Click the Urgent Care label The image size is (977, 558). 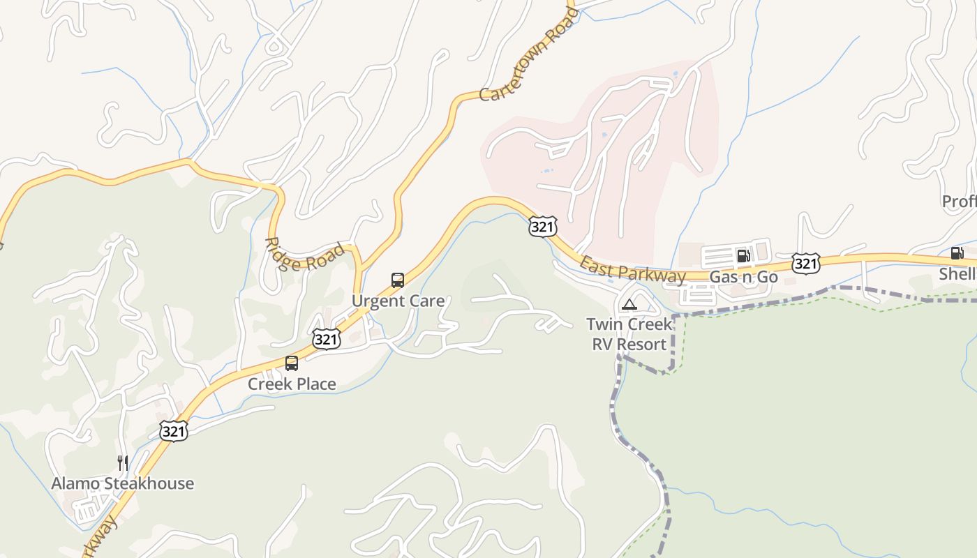[398, 301]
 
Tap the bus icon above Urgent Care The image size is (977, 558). [398, 280]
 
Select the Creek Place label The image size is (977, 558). [292, 384]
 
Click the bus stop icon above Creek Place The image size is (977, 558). [292, 363]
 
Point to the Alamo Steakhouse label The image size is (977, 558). [123, 483]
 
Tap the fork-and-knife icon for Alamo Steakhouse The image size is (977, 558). [123, 462]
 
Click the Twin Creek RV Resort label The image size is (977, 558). [629, 334]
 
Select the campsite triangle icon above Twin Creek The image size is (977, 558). [629, 304]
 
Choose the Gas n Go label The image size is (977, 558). [743, 277]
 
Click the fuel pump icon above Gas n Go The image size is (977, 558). [743, 256]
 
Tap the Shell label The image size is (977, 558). [957, 274]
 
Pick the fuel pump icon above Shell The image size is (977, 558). [957, 253]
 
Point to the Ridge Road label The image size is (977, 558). [304, 257]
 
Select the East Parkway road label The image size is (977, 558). [632, 271]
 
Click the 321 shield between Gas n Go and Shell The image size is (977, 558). [805, 264]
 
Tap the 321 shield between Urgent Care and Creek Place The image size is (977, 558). [326, 340]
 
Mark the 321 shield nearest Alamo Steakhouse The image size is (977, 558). [173, 432]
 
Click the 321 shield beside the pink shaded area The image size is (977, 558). [542, 226]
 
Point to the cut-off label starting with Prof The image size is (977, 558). [959, 202]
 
